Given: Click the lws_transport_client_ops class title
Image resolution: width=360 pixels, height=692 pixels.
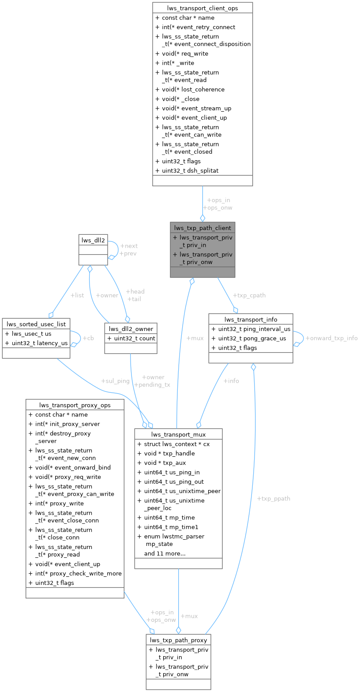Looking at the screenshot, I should coord(202,8).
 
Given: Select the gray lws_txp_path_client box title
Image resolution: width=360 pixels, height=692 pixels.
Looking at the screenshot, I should coord(202,228).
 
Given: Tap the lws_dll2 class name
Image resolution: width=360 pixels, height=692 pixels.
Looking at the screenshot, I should coord(93,240).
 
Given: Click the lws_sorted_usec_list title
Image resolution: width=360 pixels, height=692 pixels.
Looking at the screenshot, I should coord(36,324).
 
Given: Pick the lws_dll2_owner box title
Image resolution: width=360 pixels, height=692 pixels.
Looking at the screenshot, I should coord(131,328).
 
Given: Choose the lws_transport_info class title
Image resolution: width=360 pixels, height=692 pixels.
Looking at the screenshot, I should coord(251,319).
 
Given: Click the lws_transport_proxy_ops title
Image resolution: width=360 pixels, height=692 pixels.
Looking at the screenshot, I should coord(75,405).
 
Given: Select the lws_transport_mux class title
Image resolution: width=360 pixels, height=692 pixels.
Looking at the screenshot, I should coord(178,434).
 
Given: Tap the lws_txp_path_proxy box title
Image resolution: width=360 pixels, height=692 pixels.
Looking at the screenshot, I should coord(178,640).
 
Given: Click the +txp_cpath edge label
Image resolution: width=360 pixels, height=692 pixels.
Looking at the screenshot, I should coord(249,295).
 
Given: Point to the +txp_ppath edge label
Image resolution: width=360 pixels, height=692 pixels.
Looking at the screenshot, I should coord(274,498).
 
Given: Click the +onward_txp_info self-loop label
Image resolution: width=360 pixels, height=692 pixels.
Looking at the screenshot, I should coord(331,338).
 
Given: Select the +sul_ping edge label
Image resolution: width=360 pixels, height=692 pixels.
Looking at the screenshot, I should coord(115,380).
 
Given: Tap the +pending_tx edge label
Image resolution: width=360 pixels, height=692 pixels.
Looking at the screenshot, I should coord(152,385).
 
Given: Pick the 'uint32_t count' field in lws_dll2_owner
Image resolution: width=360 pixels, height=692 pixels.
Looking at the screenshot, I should coord(133,338).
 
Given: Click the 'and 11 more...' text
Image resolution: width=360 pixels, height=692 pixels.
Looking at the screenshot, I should coord(165,553).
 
